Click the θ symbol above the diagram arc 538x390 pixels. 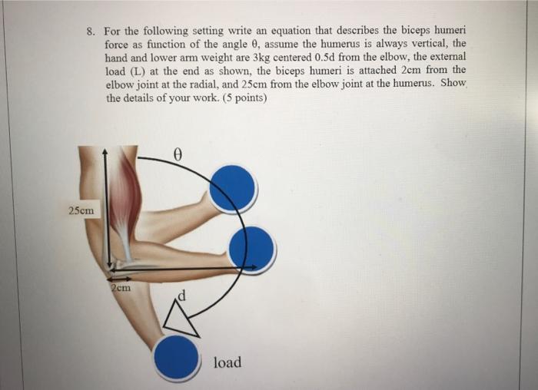pyautogui.click(x=178, y=154)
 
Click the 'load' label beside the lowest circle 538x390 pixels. pyautogui.click(x=227, y=362)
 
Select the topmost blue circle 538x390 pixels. pyautogui.click(x=232, y=188)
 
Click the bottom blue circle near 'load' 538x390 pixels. pyautogui.click(x=176, y=358)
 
